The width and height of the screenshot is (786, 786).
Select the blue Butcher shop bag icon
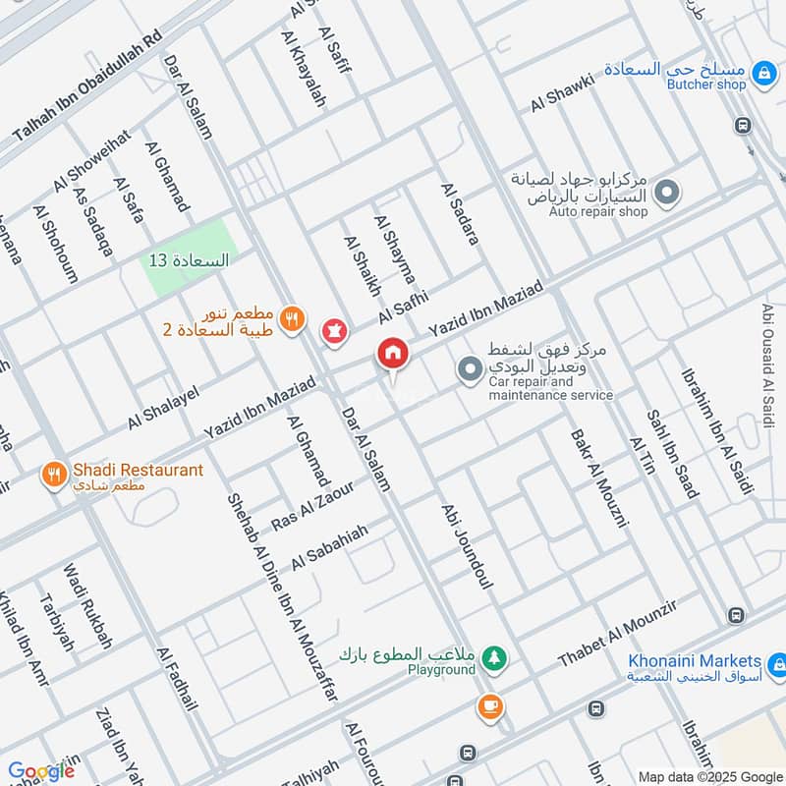(x=761, y=72)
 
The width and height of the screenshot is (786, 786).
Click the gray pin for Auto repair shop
(x=667, y=193)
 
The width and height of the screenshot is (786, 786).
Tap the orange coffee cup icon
(x=488, y=704)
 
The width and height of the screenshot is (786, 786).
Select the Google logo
(x=40, y=771)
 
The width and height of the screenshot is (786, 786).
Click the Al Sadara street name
(x=459, y=213)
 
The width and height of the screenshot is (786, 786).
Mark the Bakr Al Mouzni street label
(x=599, y=476)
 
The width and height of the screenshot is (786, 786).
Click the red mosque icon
(x=335, y=332)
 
